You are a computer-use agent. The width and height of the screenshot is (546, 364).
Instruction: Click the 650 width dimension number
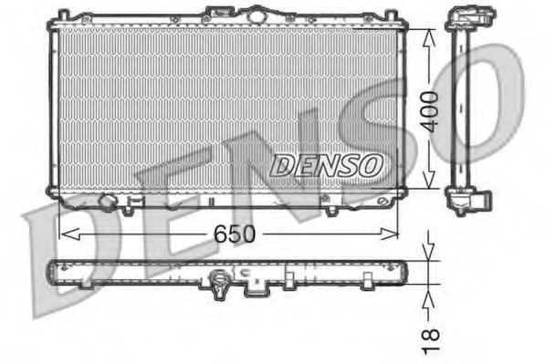235,234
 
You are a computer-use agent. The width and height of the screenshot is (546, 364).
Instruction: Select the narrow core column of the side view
458,109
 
